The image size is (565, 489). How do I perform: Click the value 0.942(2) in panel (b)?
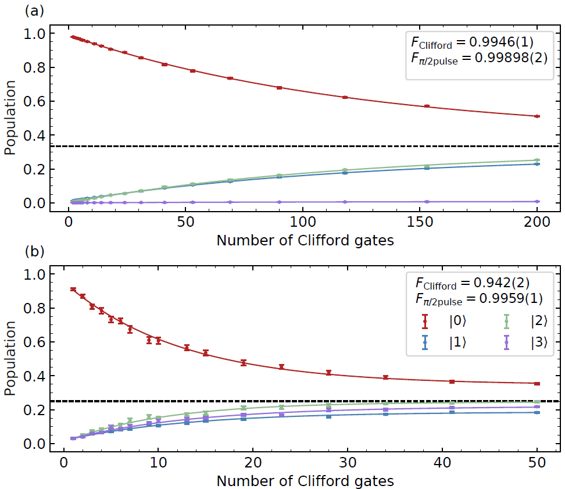pos(507,283)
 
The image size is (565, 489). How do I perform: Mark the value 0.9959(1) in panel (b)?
pos(514,298)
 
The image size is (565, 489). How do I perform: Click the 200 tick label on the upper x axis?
pos(537,223)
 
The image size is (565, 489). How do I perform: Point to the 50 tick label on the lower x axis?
pos(537,464)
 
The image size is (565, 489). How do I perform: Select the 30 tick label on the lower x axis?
pos(348,464)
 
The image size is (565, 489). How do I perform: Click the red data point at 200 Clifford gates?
pos(537,116)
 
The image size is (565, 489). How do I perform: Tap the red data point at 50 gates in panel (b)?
pos(537,383)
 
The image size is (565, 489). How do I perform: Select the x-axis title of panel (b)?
pos(305,481)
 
